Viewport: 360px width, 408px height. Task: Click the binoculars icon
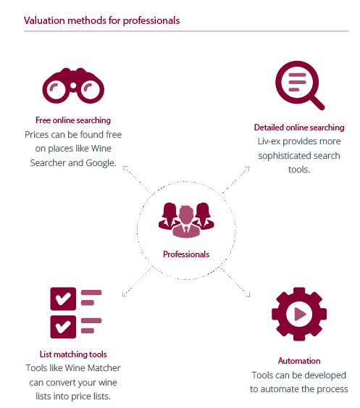coord(73,86)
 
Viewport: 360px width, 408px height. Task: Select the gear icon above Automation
coord(299,314)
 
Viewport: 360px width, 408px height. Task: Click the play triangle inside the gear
coord(300,314)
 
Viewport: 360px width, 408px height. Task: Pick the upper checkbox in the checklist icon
coord(63,299)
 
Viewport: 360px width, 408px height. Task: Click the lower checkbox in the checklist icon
coord(63,327)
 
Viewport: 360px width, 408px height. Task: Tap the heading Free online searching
coord(73,120)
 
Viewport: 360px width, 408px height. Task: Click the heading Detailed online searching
coord(299,128)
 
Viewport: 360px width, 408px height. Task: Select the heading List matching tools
coord(73,354)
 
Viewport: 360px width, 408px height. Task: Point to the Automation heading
coord(299,361)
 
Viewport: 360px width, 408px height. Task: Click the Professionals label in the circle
coord(186,254)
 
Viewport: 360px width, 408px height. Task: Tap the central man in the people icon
coord(186,222)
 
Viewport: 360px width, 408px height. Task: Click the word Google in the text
coord(101,163)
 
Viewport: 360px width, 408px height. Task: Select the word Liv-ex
coord(269,141)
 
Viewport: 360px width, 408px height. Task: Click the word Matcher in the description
coord(104,368)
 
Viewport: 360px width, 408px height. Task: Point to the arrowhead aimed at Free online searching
coord(125,168)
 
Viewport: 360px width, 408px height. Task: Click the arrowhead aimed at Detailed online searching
coord(248,169)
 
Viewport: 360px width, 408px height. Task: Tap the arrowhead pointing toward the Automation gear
coord(248,294)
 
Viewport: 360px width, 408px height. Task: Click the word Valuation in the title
coord(44,20)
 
